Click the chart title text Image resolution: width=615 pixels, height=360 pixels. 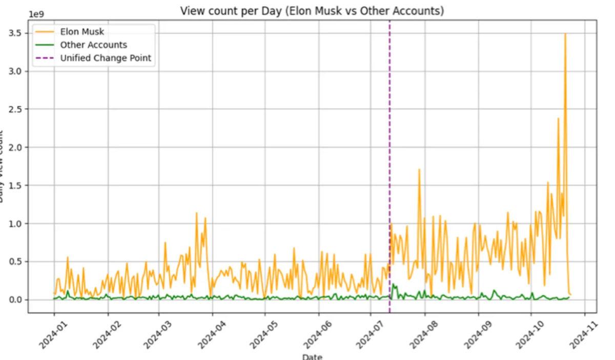312,11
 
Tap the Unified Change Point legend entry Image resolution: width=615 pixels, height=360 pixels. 106,58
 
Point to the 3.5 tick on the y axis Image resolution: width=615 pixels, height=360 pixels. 16,33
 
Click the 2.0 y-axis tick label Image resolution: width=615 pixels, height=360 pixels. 16,148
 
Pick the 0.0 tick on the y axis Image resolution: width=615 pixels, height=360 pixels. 16,300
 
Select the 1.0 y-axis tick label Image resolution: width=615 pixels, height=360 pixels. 16,224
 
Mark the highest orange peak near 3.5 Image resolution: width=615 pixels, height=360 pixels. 565,34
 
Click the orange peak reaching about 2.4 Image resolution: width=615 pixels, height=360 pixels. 558,118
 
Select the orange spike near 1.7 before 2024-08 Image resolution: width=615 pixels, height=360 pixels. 419,169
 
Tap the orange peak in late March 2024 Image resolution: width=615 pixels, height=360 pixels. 196,213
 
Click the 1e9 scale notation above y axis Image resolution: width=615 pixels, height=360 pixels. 37,14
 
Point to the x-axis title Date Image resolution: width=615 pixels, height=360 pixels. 312,356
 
